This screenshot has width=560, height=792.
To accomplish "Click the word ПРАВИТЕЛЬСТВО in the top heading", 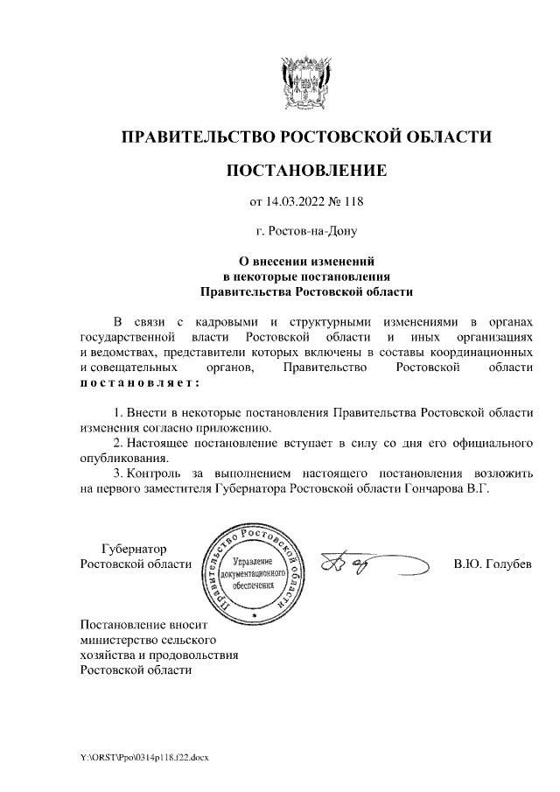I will click(x=195, y=137).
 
